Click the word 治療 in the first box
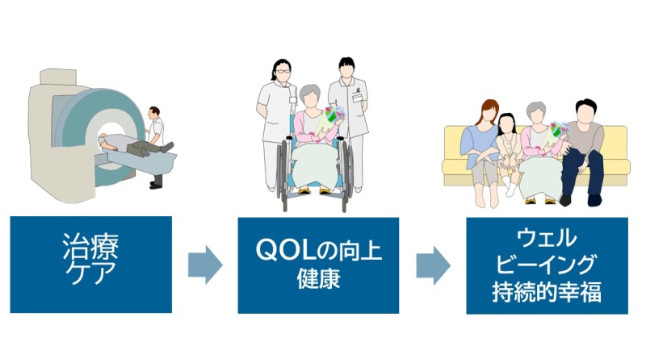90,247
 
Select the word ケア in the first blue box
90,273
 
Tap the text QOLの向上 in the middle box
318,250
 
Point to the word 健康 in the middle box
318,278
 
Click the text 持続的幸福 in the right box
547,291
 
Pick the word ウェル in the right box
547,238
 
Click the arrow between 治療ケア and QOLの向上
205,265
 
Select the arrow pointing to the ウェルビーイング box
433,266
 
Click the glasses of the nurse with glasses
283,71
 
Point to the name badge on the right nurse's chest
357,97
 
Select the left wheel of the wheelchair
283,173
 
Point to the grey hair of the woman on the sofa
536,109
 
